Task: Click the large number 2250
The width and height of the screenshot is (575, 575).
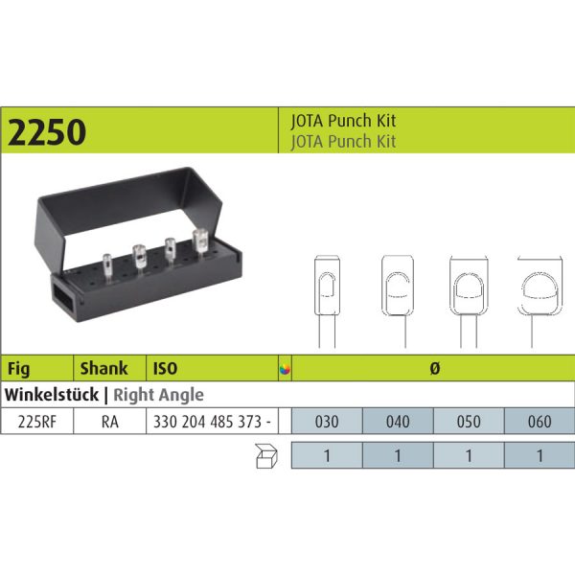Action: click(47, 131)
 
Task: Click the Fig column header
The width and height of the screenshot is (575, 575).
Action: click(19, 369)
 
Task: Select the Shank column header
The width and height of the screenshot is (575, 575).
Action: click(103, 368)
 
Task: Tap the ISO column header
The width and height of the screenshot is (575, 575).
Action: click(165, 368)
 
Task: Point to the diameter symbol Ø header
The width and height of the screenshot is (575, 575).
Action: click(434, 368)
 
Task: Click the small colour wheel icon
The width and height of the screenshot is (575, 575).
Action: click(285, 369)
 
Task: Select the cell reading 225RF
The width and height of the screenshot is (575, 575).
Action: click(37, 422)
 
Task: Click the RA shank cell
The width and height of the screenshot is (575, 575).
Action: click(110, 422)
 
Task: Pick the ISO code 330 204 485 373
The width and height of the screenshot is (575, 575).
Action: click(207, 422)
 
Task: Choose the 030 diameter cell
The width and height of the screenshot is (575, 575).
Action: click(327, 422)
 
